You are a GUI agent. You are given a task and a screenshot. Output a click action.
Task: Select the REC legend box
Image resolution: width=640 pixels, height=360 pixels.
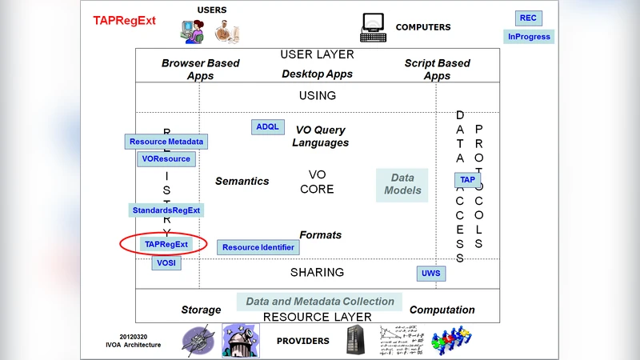(528, 18)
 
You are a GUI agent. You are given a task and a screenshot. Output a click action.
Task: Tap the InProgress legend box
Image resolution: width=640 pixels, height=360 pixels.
(528, 37)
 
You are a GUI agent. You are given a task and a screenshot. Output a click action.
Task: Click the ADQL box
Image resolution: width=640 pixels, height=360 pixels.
(266, 127)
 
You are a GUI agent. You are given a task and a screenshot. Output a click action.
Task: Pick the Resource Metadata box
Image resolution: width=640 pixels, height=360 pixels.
(166, 142)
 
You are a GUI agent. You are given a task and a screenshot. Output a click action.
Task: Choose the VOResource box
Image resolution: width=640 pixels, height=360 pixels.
(166, 159)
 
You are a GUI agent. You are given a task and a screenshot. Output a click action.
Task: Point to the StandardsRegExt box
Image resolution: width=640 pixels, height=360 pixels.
(166, 210)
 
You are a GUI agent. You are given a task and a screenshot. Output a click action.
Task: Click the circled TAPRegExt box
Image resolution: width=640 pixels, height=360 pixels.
(166, 244)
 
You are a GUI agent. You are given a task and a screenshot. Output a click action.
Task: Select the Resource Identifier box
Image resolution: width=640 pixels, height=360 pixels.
(258, 248)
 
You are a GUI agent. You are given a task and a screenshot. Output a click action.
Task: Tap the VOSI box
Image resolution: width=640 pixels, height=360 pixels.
(166, 262)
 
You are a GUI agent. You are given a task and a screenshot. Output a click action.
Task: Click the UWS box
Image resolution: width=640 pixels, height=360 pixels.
(430, 274)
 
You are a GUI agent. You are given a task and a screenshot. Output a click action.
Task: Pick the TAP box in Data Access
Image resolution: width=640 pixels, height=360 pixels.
(467, 180)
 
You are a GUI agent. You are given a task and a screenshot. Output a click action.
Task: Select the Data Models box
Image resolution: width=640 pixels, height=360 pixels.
(402, 185)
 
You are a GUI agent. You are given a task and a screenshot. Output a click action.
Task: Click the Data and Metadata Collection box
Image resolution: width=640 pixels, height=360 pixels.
(320, 302)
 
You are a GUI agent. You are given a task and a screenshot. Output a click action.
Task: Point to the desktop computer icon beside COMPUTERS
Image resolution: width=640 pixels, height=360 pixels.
(373, 27)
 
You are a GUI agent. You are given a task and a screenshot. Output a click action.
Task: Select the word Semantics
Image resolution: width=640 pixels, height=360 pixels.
(242, 182)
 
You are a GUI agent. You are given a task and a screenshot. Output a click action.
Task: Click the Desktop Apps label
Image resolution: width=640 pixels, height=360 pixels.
(318, 74)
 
